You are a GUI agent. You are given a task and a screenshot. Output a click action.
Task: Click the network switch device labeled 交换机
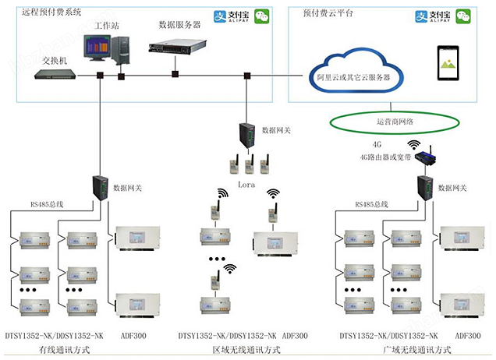(55, 75)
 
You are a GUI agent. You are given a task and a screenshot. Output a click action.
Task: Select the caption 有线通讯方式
(65, 350)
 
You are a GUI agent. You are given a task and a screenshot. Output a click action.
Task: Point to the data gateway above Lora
(248, 135)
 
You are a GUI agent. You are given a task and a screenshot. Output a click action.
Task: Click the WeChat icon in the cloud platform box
(463, 16)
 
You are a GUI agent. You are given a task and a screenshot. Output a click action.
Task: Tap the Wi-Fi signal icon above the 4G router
(414, 144)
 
